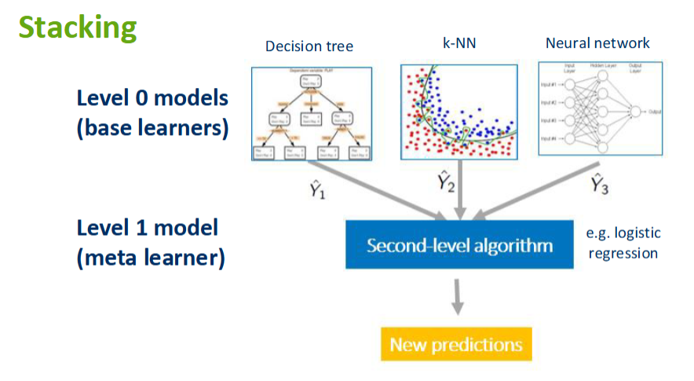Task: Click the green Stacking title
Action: click(x=78, y=27)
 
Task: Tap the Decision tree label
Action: click(x=309, y=46)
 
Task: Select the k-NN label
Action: click(x=458, y=43)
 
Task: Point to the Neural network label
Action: click(x=598, y=43)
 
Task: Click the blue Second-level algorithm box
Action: click(x=459, y=246)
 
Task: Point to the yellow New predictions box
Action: click(x=456, y=344)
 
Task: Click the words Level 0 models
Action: click(x=152, y=98)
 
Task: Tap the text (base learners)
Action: click(x=152, y=128)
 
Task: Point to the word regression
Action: click(x=623, y=254)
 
